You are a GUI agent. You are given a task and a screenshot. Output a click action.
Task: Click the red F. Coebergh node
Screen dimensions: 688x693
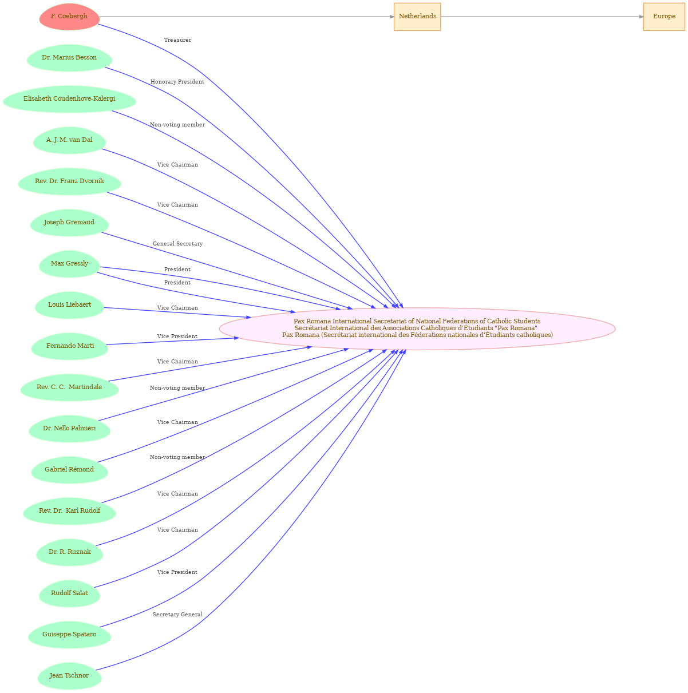[69, 17]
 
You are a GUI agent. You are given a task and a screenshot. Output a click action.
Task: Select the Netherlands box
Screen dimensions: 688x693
[417, 17]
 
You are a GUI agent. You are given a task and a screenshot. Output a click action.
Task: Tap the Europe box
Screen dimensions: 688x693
[664, 17]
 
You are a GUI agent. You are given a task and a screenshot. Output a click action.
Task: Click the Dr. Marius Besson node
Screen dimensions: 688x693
[69, 58]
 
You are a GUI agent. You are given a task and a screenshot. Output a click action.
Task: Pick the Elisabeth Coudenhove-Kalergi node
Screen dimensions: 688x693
[69, 99]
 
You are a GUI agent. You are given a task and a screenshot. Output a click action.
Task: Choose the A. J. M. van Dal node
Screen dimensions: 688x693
[69, 140]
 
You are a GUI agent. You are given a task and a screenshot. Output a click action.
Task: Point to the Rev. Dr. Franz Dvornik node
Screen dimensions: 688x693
[69, 181]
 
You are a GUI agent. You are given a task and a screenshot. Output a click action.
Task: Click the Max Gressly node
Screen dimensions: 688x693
[69, 264]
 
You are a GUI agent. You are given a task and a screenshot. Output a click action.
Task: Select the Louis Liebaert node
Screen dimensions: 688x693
[69, 305]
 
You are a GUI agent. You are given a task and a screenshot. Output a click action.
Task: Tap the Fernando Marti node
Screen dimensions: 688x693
[69, 346]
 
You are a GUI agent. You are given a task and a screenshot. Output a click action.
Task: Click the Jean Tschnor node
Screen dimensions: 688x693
[69, 676]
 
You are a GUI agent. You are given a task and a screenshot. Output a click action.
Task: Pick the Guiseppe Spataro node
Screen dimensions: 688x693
[69, 635]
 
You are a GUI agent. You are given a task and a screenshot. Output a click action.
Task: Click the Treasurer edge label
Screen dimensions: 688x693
[177, 40]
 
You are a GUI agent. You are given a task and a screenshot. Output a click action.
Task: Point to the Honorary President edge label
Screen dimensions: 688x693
[177, 82]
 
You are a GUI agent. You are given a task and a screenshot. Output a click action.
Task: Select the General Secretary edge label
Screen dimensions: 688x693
[177, 243]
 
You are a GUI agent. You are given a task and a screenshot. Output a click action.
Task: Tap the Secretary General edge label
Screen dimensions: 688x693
[177, 614]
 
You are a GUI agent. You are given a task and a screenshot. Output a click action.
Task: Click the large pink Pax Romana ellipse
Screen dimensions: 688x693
[417, 328]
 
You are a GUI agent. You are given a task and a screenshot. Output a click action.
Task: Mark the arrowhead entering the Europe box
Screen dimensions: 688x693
[641, 17]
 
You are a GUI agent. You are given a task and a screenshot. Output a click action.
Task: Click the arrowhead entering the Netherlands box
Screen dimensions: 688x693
[392, 17]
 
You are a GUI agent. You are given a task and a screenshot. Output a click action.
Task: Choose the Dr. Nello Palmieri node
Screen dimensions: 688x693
[69, 428]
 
